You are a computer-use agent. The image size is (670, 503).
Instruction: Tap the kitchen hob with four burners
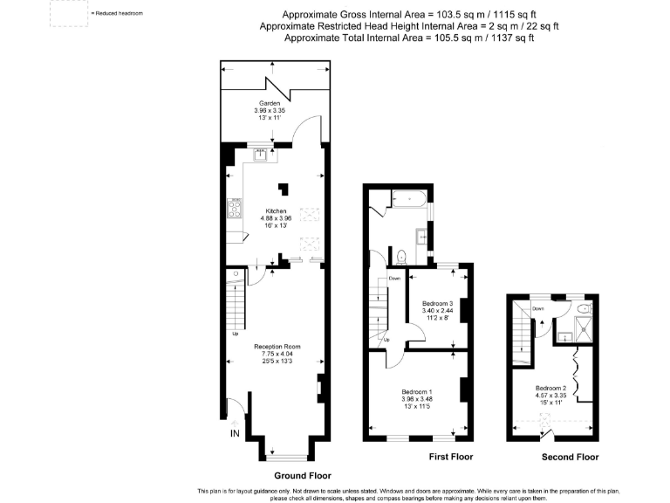click(235, 209)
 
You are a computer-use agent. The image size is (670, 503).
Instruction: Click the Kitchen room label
click(277, 210)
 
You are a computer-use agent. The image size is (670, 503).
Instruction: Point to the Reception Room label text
click(277, 346)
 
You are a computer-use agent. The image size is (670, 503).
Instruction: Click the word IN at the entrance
click(234, 433)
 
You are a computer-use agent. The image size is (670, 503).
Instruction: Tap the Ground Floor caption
click(290, 475)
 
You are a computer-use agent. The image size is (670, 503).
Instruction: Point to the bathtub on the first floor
click(407, 199)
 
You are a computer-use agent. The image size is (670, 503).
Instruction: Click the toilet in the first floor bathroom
click(400, 257)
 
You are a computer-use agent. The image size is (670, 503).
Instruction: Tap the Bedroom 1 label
click(417, 392)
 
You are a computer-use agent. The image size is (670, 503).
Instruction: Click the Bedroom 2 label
click(552, 388)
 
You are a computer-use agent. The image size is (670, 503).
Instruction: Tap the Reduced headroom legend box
click(68, 15)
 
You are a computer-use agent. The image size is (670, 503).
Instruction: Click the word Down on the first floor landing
click(394, 279)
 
